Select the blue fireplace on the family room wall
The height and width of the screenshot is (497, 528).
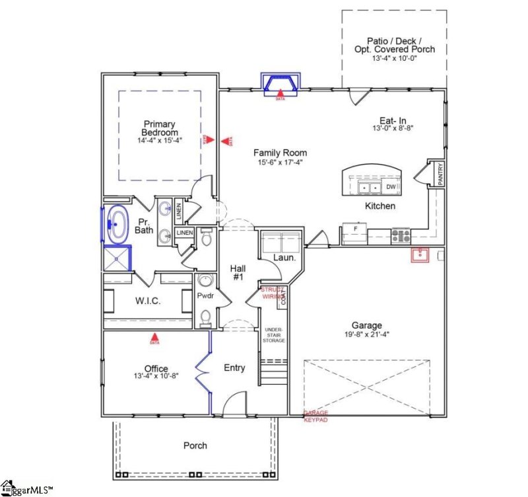point(280,83)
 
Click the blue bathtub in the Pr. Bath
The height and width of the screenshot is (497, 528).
point(117,222)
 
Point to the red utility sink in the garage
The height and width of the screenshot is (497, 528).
point(420,255)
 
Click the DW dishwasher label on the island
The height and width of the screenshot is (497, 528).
point(391,187)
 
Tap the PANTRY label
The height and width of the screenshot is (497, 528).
point(440,174)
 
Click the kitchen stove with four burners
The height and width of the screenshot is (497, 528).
point(401,235)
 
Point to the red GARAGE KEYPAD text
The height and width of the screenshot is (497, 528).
point(315,416)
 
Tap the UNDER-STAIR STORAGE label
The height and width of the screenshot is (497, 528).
point(275,334)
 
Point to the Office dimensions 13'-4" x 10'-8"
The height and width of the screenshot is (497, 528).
point(156,377)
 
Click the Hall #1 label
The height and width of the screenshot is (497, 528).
point(238,272)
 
